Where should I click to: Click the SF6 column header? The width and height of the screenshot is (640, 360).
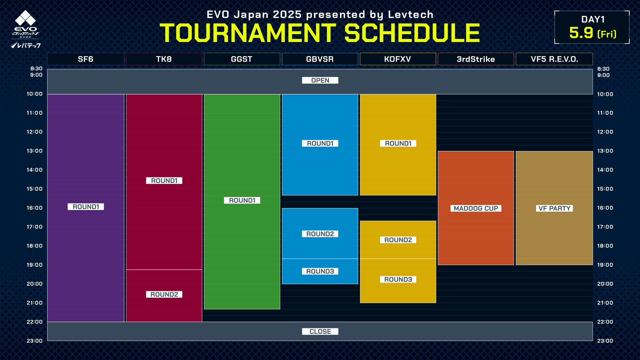pos(86,59)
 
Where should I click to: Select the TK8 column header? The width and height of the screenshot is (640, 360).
pos(164,59)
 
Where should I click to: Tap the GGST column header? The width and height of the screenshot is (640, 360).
pos(242,59)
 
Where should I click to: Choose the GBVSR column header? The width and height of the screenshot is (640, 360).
pos(320,59)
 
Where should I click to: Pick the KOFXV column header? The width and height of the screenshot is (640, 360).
pos(398,59)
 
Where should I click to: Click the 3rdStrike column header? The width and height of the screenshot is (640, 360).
pos(476,59)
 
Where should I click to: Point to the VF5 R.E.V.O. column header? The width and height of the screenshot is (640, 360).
pos(554,59)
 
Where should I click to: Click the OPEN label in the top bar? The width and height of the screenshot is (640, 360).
pos(320,80)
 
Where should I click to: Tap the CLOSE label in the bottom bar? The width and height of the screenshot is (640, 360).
pos(320,331)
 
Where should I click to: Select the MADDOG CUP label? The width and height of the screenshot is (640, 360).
pos(476,208)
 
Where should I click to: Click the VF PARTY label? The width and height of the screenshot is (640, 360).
pos(554,208)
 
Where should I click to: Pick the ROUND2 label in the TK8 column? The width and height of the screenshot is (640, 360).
pos(164,294)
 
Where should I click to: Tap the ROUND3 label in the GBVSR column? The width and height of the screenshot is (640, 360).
pos(320,271)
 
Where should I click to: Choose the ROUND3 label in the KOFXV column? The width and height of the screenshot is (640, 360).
pos(398,279)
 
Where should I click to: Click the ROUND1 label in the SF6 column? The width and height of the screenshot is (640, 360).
pos(86,207)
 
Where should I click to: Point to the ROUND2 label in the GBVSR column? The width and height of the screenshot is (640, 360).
pos(320,234)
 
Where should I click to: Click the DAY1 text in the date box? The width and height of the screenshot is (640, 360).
pos(593,19)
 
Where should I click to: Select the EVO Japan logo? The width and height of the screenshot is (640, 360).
pos(25,29)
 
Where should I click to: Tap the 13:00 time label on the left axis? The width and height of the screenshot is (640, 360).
pos(35,151)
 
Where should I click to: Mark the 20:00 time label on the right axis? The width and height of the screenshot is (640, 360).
pos(605,284)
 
